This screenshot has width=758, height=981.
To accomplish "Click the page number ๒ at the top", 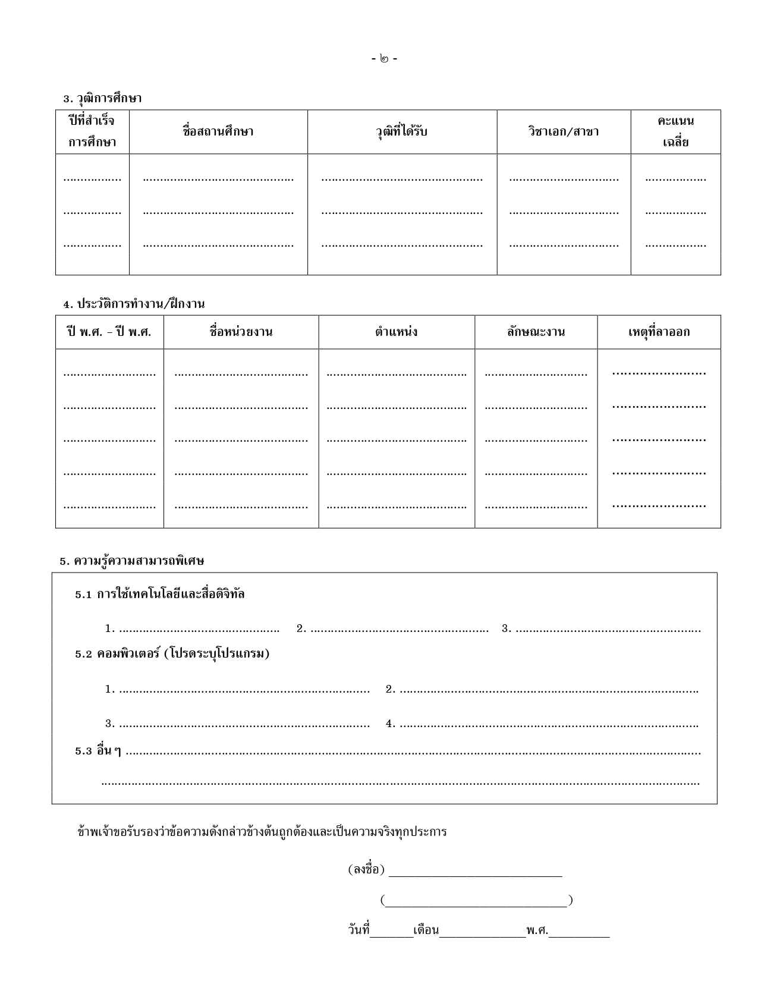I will (385, 59).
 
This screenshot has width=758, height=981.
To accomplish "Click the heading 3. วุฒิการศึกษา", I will (102, 98).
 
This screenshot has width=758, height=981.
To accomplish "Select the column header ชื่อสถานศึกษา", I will (218, 131).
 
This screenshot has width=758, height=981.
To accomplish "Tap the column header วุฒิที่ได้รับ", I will (402, 131).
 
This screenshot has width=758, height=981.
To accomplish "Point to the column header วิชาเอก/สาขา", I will (564, 131).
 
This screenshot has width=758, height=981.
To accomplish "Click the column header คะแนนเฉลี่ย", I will (675, 131).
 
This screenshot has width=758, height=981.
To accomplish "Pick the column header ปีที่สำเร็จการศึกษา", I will (92, 131).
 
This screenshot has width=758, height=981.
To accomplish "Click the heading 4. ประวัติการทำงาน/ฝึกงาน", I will (134, 304).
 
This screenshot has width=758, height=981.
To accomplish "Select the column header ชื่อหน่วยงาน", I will (241, 332).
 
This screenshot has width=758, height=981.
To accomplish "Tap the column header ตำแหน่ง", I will (396, 332).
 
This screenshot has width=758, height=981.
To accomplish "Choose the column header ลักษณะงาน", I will (536, 332).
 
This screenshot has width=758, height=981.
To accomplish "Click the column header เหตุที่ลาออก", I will (659, 332).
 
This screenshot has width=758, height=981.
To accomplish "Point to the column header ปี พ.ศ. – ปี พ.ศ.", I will (109, 332).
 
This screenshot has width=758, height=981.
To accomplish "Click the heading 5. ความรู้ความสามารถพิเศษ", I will (132, 561).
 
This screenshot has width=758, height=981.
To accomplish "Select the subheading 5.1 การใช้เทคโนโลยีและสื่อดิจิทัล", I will (160, 594).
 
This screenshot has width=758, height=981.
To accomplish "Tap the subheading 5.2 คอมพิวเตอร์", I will (172, 653).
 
